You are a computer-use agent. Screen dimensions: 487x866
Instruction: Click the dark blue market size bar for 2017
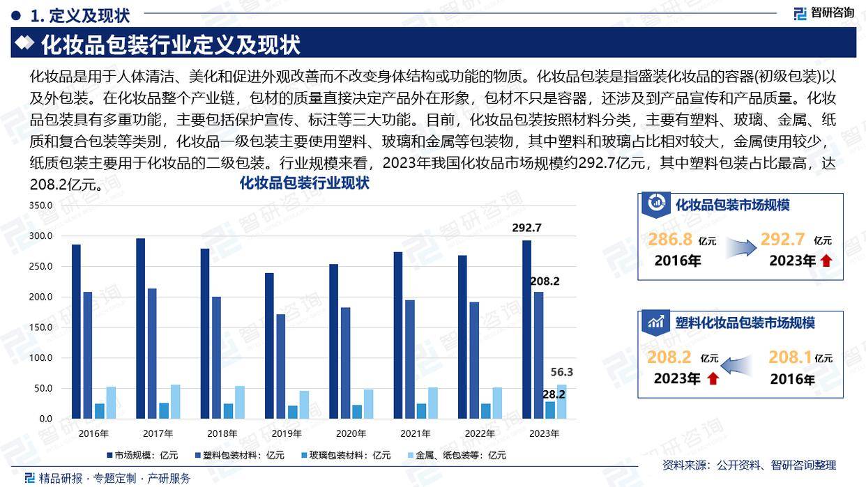pos(141,328)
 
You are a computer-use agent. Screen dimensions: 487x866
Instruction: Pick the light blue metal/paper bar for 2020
pos(368,404)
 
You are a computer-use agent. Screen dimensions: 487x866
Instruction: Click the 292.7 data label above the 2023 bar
pos(526,228)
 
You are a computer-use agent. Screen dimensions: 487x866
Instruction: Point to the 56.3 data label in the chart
pos(561,372)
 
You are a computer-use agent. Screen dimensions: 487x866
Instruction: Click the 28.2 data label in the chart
pos(554,394)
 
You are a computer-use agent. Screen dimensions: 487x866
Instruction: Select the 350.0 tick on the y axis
pos(41,206)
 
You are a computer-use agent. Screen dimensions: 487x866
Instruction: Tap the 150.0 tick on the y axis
pos(41,327)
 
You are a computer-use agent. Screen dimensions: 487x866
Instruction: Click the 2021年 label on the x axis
pos(415,433)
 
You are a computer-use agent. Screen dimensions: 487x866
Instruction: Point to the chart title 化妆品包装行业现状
pos(305,184)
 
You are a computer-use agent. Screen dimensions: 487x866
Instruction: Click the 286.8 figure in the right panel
pos(669,240)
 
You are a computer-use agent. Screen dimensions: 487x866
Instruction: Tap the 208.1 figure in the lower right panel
pos(790,357)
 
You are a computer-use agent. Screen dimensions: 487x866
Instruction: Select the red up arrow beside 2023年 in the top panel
pos(826,261)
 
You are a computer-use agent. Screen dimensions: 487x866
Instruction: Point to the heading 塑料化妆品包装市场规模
pos(745,323)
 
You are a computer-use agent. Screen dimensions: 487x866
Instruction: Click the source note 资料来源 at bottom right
pos(748,465)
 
